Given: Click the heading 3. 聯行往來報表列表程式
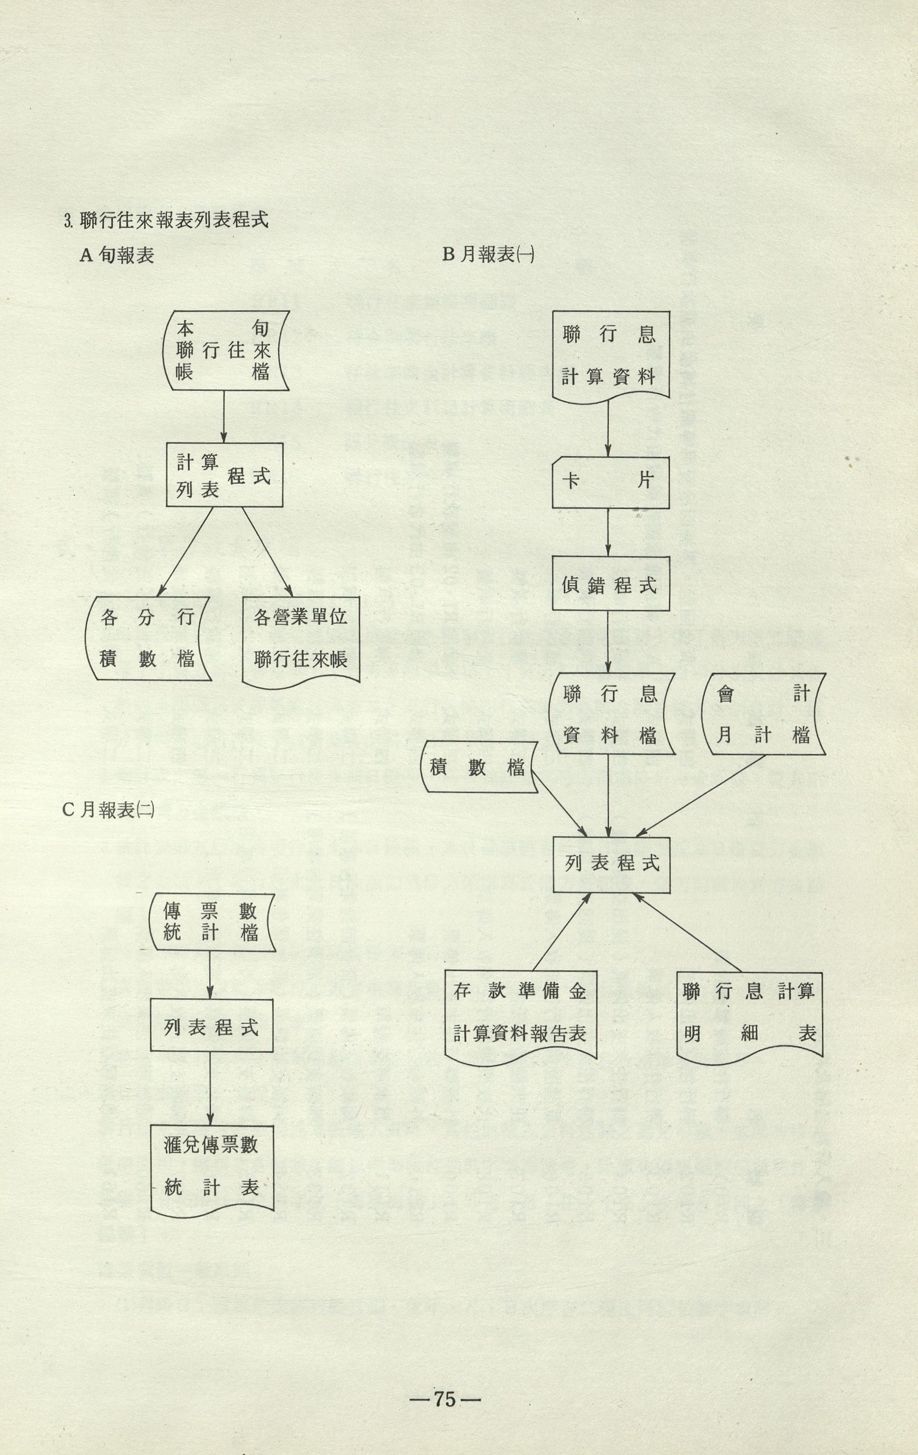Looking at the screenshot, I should click(x=166, y=220).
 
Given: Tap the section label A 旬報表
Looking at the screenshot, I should click(x=117, y=256).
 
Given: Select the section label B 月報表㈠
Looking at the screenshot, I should click(x=488, y=255).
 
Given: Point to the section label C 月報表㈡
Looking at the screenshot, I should click(x=108, y=809).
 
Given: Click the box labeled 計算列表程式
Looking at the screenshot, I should click(x=224, y=475).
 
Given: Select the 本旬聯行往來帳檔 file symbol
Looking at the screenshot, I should click(x=224, y=350).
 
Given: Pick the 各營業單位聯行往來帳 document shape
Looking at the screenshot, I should click(x=301, y=639).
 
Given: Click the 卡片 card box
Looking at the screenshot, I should click(x=610, y=482).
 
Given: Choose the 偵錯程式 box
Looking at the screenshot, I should click(x=611, y=584).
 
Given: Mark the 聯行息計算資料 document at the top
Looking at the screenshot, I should click(x=610, y=355).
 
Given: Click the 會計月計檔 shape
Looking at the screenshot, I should click(x=764, y=714).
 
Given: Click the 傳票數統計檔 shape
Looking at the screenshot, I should click(x=211, y=922).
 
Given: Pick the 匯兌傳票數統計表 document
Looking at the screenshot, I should click(x=211, y=1167).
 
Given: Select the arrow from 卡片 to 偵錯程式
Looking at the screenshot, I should click(x=609, y=532).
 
